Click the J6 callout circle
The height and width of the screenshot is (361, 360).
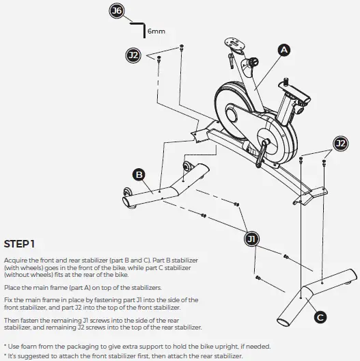tap(117, 11)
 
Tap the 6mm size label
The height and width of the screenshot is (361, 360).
tap(156, 31)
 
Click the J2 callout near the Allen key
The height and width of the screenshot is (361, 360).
tap(133, 54)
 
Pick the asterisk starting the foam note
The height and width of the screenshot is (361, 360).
tap(5, 346)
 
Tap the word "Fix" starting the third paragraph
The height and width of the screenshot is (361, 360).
tap(8, 300)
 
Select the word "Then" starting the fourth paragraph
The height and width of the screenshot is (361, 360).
tap(12, 320)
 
